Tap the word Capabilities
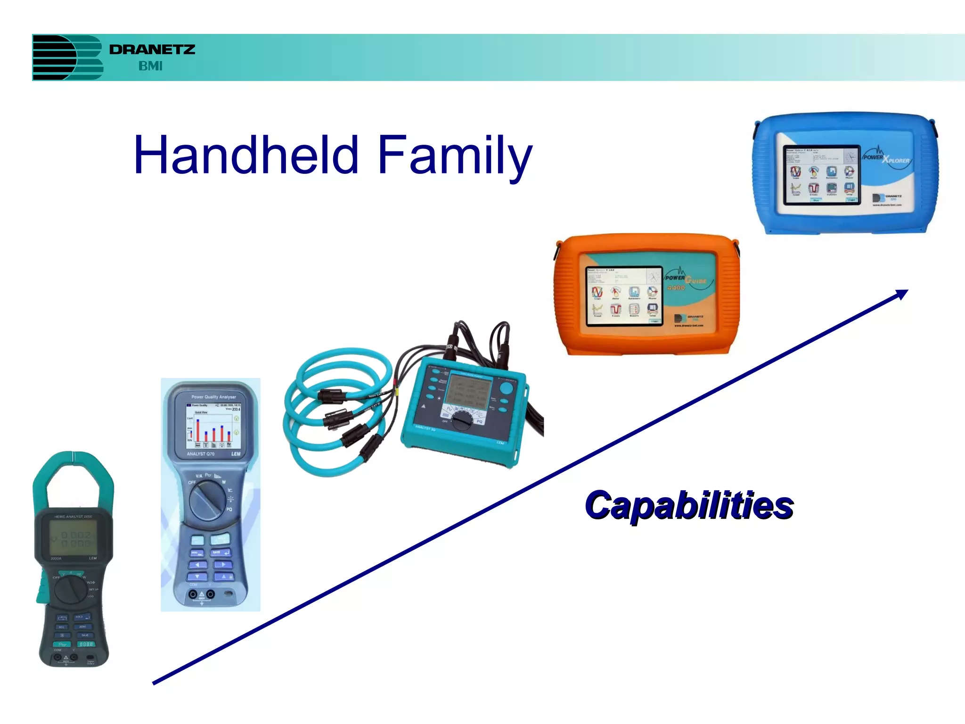point(689,506)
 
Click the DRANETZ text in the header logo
point(152,49)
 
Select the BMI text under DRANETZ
point(150,66)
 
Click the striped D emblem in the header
point(67,58)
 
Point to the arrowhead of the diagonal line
point(902,294)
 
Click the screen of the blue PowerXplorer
point(821,174)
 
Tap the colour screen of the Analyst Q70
point(213,426)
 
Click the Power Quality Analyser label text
point(213,397)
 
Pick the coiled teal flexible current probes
point(330,410)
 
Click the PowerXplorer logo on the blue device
point(886,157)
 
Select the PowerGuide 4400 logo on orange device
point(686,280)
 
